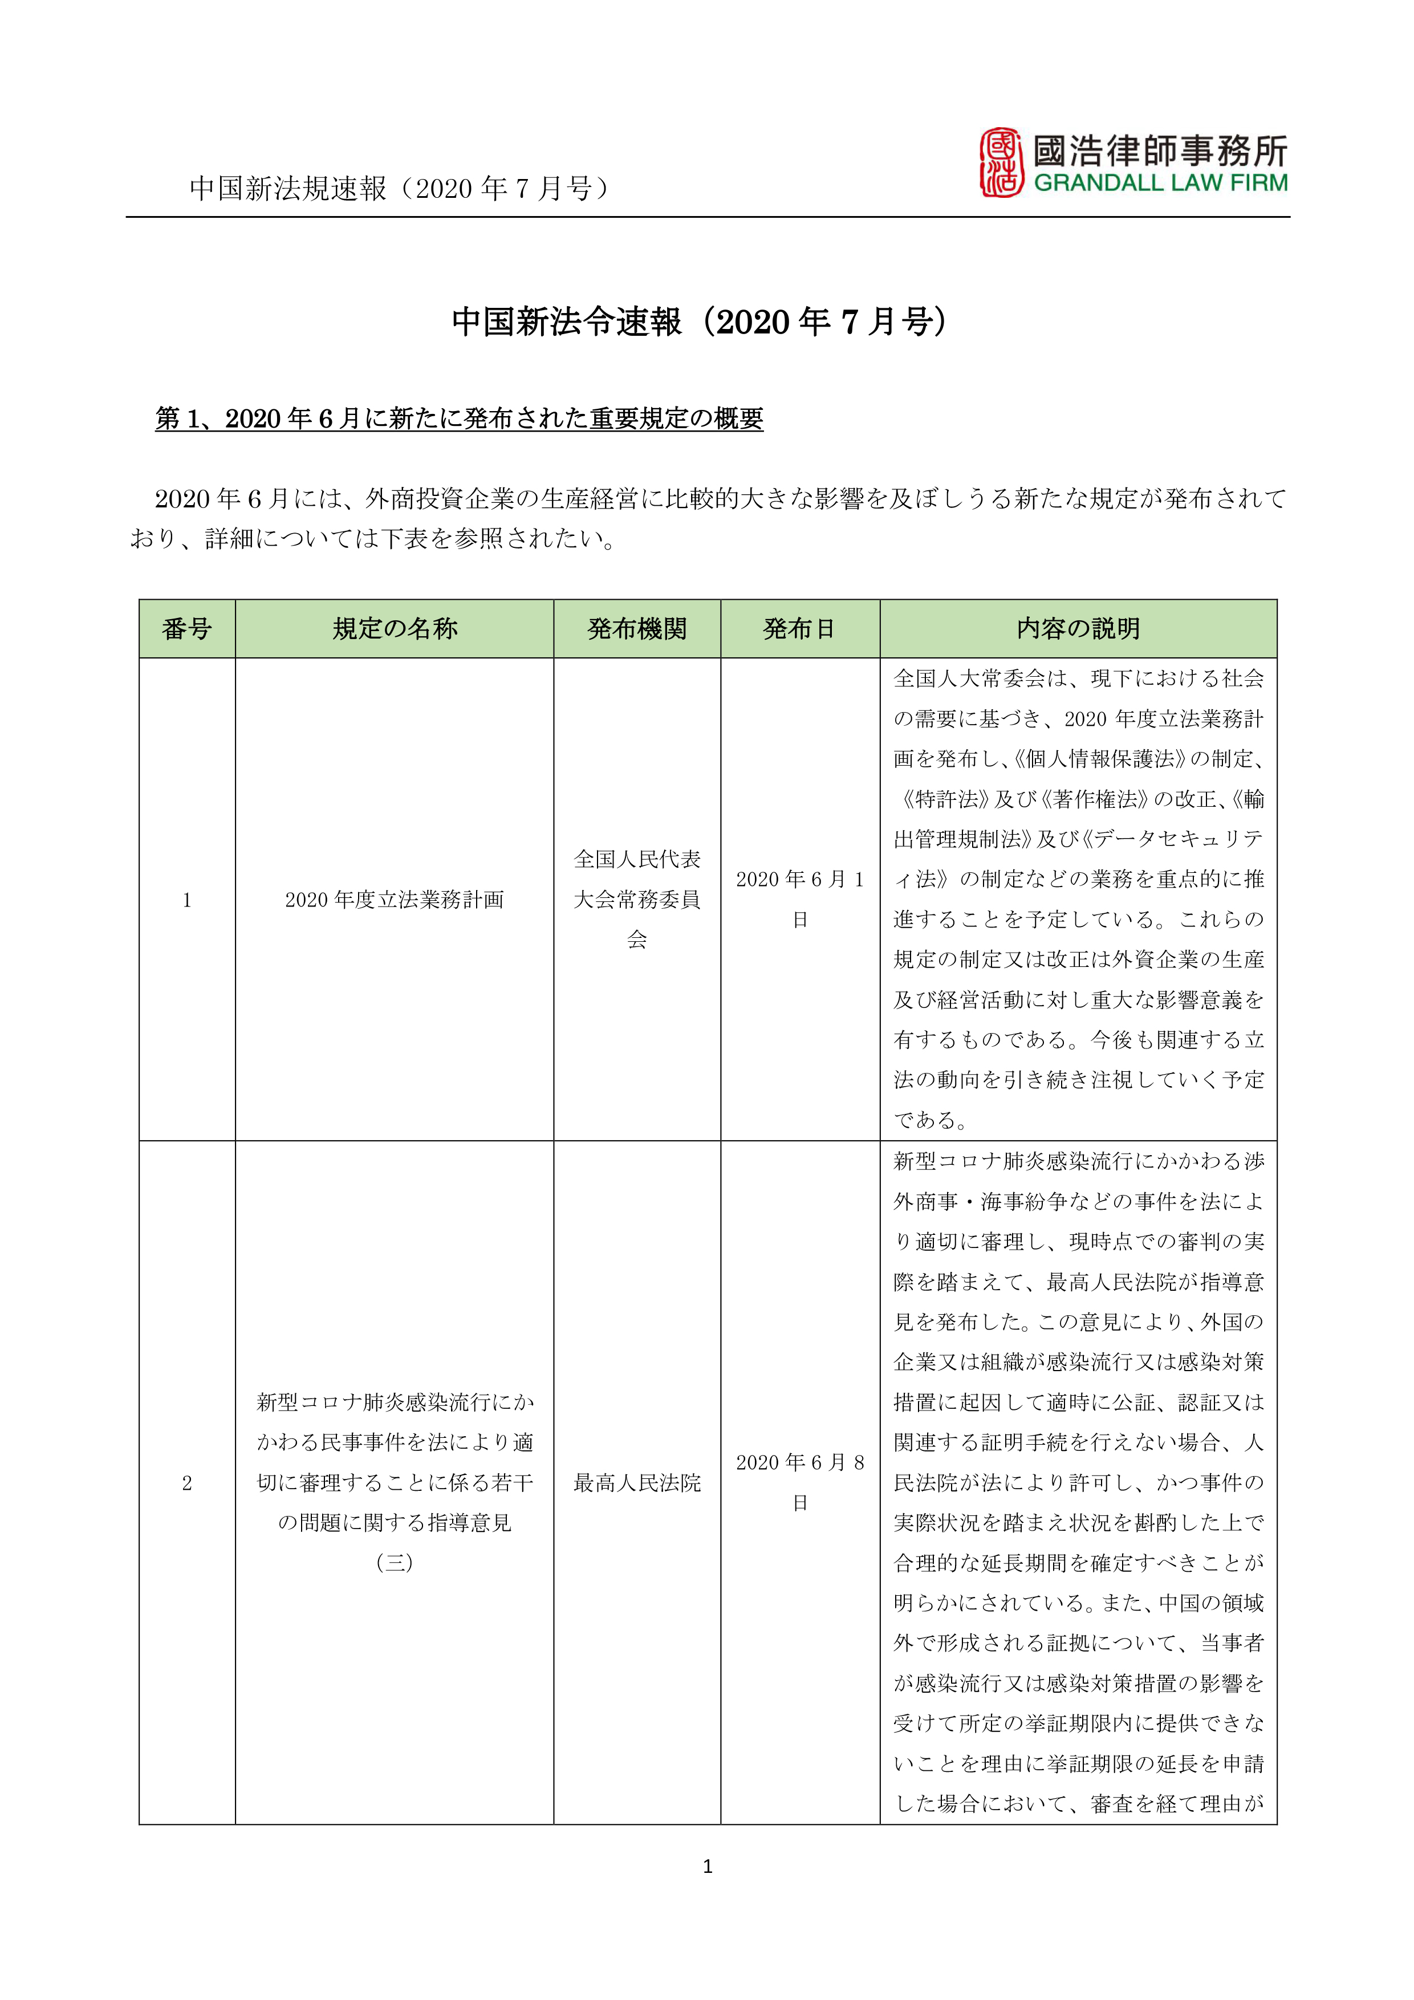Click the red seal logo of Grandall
(x=1001, y=163)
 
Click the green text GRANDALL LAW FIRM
(x=1160, y=184)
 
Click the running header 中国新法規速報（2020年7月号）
(x=399, y=188)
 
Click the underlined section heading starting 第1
(x=459, y=419)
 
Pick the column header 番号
(x=186, y=629)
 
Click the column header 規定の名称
(x=394, y=629)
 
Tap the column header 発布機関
(x=637, y=629)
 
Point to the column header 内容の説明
(x=1078, y=629)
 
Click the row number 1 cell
(x=186, y=900)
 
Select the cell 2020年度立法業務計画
(x=394, y=900)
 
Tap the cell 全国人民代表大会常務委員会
(x=637, y=900)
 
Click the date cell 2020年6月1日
(x=800, y=899)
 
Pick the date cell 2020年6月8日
(x=800, y=1482)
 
